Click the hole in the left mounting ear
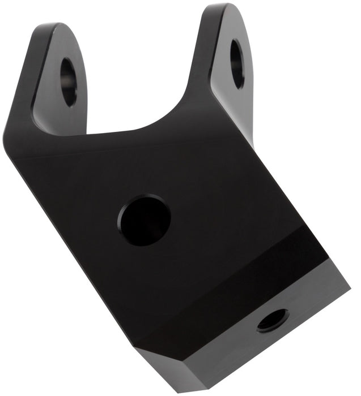coord(68,82)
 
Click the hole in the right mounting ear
coord(237,63)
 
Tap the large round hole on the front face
coord(145,219)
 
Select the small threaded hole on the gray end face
coord(273,321)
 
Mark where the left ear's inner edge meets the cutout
coord(88,134)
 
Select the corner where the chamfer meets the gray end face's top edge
coord(142,349)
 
